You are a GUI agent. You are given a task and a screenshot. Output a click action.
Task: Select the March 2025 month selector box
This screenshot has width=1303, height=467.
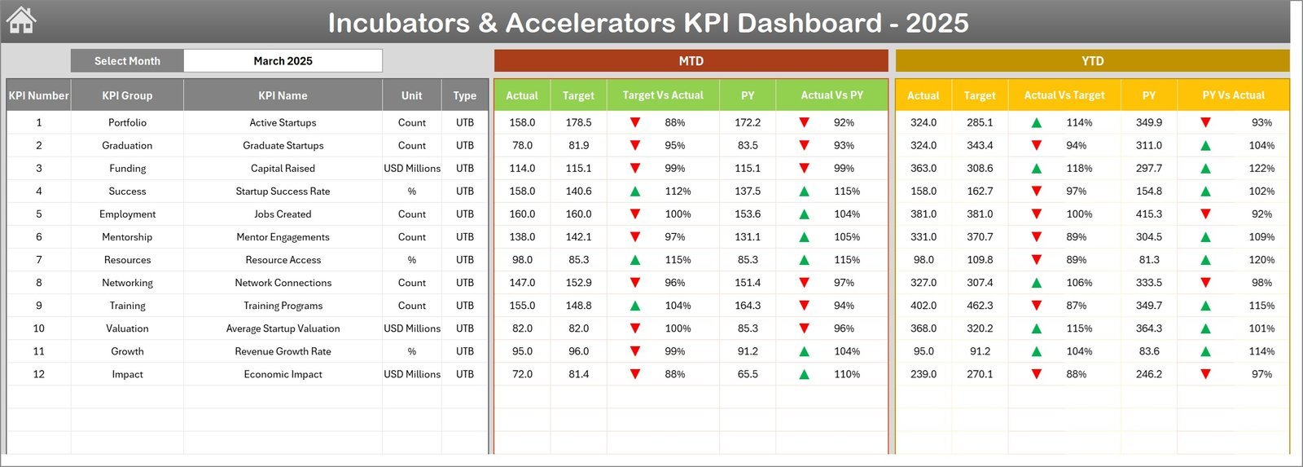(x=283, y=61)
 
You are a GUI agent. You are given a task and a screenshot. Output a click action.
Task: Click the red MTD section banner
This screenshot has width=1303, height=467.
(x=691, y=61)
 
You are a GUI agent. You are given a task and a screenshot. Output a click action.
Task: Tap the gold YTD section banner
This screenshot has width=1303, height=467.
(x=1092, y=61)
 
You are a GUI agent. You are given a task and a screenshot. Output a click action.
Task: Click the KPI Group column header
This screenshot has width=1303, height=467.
(x=127, y=95)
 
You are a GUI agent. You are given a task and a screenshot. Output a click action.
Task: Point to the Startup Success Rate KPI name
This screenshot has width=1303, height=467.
(x=283, y=192)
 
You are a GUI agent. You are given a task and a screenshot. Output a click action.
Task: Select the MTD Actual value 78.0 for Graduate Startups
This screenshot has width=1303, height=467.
(x=522, y=146)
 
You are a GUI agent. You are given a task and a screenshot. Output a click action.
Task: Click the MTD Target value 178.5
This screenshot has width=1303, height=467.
(x=578, y=123)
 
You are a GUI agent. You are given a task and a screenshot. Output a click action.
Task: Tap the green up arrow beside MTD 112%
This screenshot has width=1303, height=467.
(x=635, y=192)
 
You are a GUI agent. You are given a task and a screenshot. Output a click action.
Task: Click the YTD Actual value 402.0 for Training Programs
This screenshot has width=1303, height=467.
(x=924, y=306)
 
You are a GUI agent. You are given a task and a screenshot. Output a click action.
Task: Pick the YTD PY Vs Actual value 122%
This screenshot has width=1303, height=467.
(x=1261, y=169)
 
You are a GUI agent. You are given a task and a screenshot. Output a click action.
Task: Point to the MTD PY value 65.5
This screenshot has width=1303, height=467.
(x=748, y=374)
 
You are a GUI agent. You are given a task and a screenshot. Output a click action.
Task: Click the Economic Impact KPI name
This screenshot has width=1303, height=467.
(x=283, y=374)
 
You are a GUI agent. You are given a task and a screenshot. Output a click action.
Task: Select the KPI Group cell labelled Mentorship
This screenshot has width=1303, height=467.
(x=127, y=237)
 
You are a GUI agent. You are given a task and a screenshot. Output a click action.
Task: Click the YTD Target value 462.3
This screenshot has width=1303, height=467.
(x=980, y=306)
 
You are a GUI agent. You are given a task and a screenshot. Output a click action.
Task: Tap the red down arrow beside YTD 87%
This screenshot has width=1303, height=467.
(x=1037, y=306)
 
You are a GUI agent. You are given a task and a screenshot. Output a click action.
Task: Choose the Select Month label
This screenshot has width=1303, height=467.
(x=127, y=61)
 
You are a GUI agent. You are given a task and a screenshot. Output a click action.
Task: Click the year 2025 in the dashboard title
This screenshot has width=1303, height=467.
(x=937, y=23)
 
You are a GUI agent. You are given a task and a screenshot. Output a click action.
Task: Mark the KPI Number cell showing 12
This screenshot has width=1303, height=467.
(x=38, y=374)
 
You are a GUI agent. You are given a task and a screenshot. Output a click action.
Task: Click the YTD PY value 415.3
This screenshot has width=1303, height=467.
(x=1149, y=214)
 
